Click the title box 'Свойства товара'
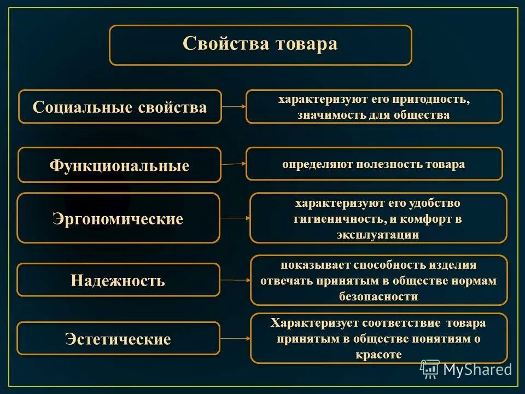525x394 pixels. tap(260, 45)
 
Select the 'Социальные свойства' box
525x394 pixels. tap(120, 107)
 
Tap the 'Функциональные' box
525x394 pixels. tap(119, 165)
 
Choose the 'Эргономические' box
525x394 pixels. tap(118, 218)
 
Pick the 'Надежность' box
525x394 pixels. tap(118, 280)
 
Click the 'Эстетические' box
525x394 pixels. tap(118, 339)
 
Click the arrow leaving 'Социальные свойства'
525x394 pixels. tap(234, 107)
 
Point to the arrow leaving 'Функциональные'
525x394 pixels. tap(234, 164)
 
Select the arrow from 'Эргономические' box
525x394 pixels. tap(235, 218)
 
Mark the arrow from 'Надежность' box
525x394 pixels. tap(235, 280)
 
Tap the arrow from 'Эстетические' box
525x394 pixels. tap(235, 339)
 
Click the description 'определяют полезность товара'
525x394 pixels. tap(374, 164)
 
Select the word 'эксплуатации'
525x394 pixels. tap(378, 235)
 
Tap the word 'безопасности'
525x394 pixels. tap(378, 297)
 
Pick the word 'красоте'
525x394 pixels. tap(378, 354)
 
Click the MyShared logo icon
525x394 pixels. tap(430, 369)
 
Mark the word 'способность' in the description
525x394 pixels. tap(388, 265)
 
